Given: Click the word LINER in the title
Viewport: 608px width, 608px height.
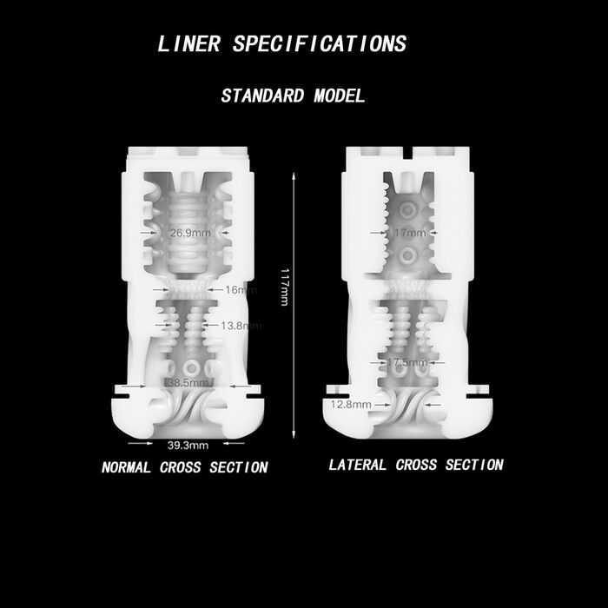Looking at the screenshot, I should [189, 43].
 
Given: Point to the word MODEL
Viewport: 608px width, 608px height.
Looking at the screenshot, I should [340, 96].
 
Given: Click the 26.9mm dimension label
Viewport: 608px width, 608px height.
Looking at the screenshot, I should [189, 234].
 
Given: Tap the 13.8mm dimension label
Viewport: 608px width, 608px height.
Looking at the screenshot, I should [241, 326].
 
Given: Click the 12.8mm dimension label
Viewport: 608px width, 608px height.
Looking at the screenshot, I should [351, 404].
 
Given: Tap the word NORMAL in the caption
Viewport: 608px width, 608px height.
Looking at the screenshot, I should [127, 467].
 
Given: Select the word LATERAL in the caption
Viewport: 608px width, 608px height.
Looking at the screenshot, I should [359, 465].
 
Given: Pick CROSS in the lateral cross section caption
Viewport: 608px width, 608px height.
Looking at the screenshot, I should [418, 465].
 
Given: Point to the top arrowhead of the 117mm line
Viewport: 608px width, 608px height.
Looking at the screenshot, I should [296, 175].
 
